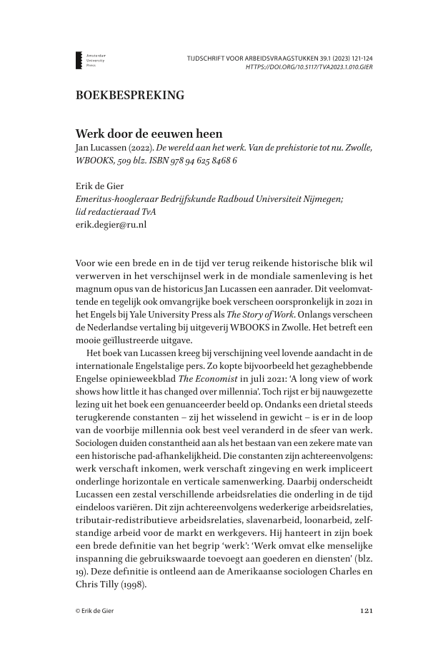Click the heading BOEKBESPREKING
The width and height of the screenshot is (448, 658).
(129, 94)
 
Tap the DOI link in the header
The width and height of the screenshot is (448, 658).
(309, 66)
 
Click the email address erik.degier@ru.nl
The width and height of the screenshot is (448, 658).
(111, 223)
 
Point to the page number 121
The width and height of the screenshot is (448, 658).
(364, 611)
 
